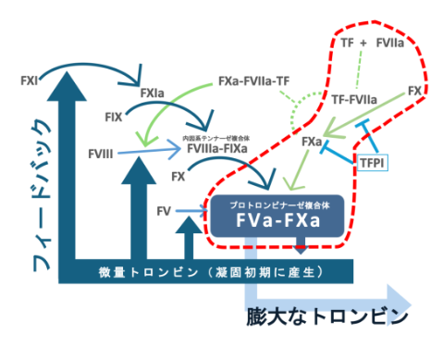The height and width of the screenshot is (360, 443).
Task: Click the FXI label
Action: [x=29, y=81]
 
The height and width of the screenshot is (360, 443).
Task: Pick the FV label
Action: [x=164, y=211]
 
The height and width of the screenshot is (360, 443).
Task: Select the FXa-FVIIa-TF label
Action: [x=254, y=81]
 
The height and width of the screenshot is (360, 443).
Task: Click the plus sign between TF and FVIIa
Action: [x=363, y=42]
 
